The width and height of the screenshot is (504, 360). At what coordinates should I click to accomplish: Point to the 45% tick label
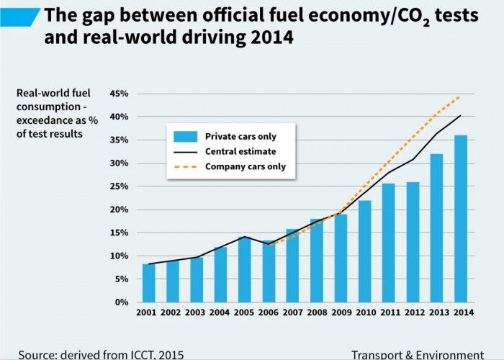tap(119, 94)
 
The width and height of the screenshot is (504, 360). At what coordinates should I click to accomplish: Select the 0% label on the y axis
tap(122, 302)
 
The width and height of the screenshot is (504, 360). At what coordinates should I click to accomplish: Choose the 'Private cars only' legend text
tap(240, 136)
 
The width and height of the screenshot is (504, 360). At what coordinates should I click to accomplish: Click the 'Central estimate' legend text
tap(240, 151)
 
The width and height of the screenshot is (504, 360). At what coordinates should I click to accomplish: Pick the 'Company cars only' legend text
tap(246, 166)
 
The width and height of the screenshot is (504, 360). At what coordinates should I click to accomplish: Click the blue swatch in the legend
tap(184, 136)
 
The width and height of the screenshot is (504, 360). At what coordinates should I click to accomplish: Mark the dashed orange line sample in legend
tap(184, 166)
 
